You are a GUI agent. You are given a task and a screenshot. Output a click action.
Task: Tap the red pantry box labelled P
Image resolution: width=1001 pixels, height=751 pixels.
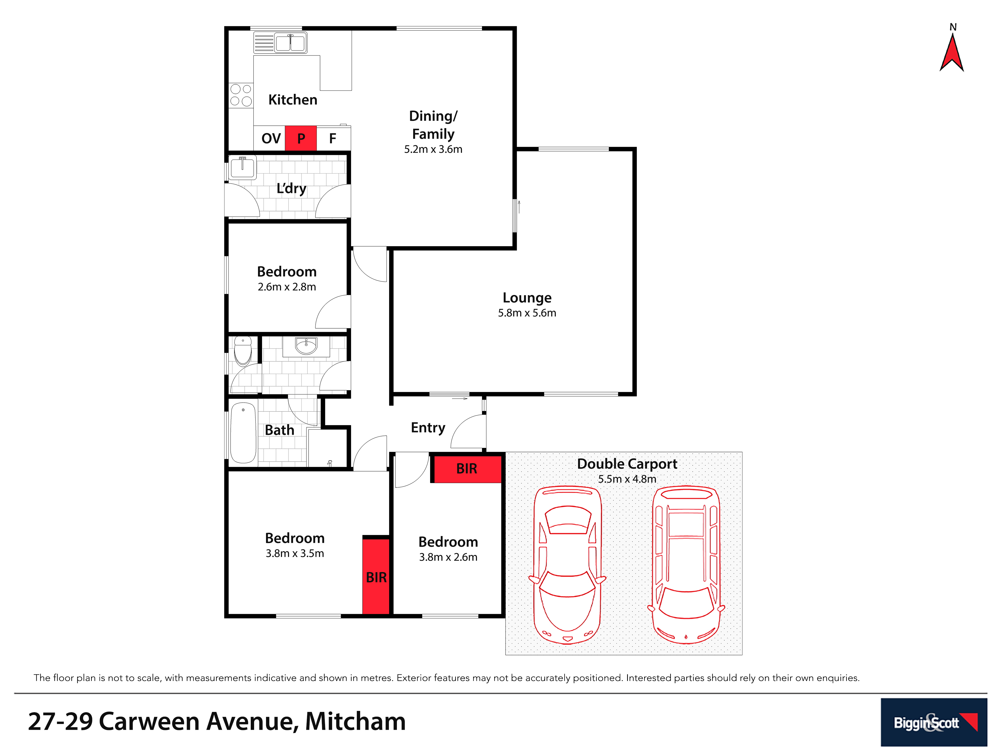(301, 138)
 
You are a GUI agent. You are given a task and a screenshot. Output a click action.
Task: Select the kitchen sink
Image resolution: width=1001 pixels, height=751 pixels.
(280, 43)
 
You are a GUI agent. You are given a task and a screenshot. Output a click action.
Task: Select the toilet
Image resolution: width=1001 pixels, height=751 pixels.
(243, 351)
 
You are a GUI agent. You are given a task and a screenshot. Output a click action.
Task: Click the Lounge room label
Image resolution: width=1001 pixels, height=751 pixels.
(527, 298)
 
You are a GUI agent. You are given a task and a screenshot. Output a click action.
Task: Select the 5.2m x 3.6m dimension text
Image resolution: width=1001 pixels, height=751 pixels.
(433, 149)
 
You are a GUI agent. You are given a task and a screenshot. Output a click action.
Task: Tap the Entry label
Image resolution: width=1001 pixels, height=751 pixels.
(428, 427)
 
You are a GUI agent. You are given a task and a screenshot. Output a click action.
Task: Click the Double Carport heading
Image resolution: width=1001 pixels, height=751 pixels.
(627, 464)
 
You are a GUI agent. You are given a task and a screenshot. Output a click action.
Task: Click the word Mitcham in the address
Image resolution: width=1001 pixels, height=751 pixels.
(355, 721)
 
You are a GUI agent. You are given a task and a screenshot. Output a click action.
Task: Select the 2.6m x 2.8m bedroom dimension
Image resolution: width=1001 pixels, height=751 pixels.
(287, 287)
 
